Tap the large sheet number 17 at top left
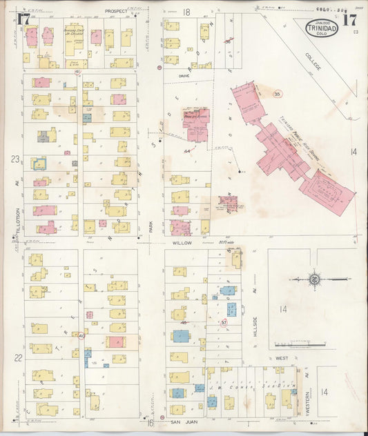point(23,19)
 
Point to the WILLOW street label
point(182,244)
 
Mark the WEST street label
point(282,358)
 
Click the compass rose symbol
point(313,279)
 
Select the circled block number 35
point(278,93)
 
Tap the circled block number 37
point(224,322)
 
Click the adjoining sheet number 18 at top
point(186,12)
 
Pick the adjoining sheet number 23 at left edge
point(14,159)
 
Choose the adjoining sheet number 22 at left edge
point(18,357)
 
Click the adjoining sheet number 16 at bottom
point(149,422)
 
